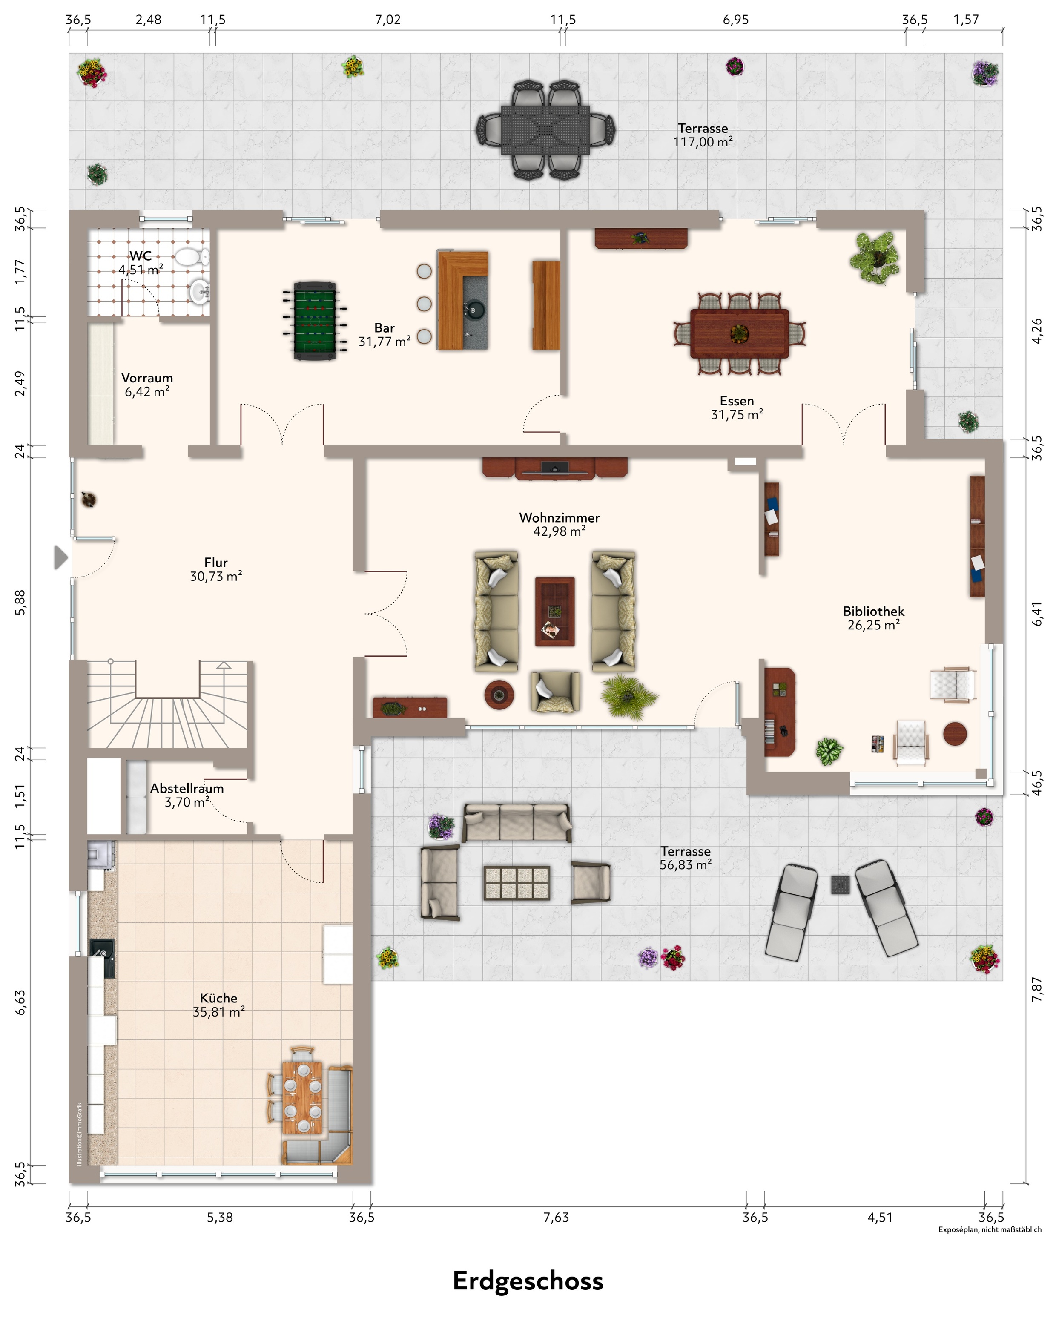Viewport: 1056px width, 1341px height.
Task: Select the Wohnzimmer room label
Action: point(560,517)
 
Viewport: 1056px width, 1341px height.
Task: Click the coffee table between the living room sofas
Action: point(554,612)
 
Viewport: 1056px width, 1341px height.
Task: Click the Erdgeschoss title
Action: point(528,1281)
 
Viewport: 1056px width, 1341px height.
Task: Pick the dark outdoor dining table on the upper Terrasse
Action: point(545,130)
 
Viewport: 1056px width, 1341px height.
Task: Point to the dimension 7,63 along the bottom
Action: point(556,1218)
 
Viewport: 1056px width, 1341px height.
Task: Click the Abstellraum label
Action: point(187,788)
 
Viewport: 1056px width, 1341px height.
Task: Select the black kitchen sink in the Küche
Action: point(102,958)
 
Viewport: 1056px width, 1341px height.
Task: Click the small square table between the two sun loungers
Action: point(840,885)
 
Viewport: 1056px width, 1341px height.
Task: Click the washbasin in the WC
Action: point(199,291)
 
